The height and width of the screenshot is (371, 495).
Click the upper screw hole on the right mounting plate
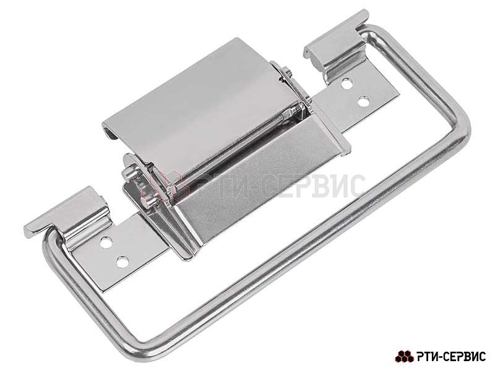click(346, 84)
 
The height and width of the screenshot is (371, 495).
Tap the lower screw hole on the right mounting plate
click(364, 102)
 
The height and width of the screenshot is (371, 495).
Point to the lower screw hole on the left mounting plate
click(123, 262)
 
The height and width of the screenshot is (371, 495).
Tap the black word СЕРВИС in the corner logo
click(460, 357)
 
